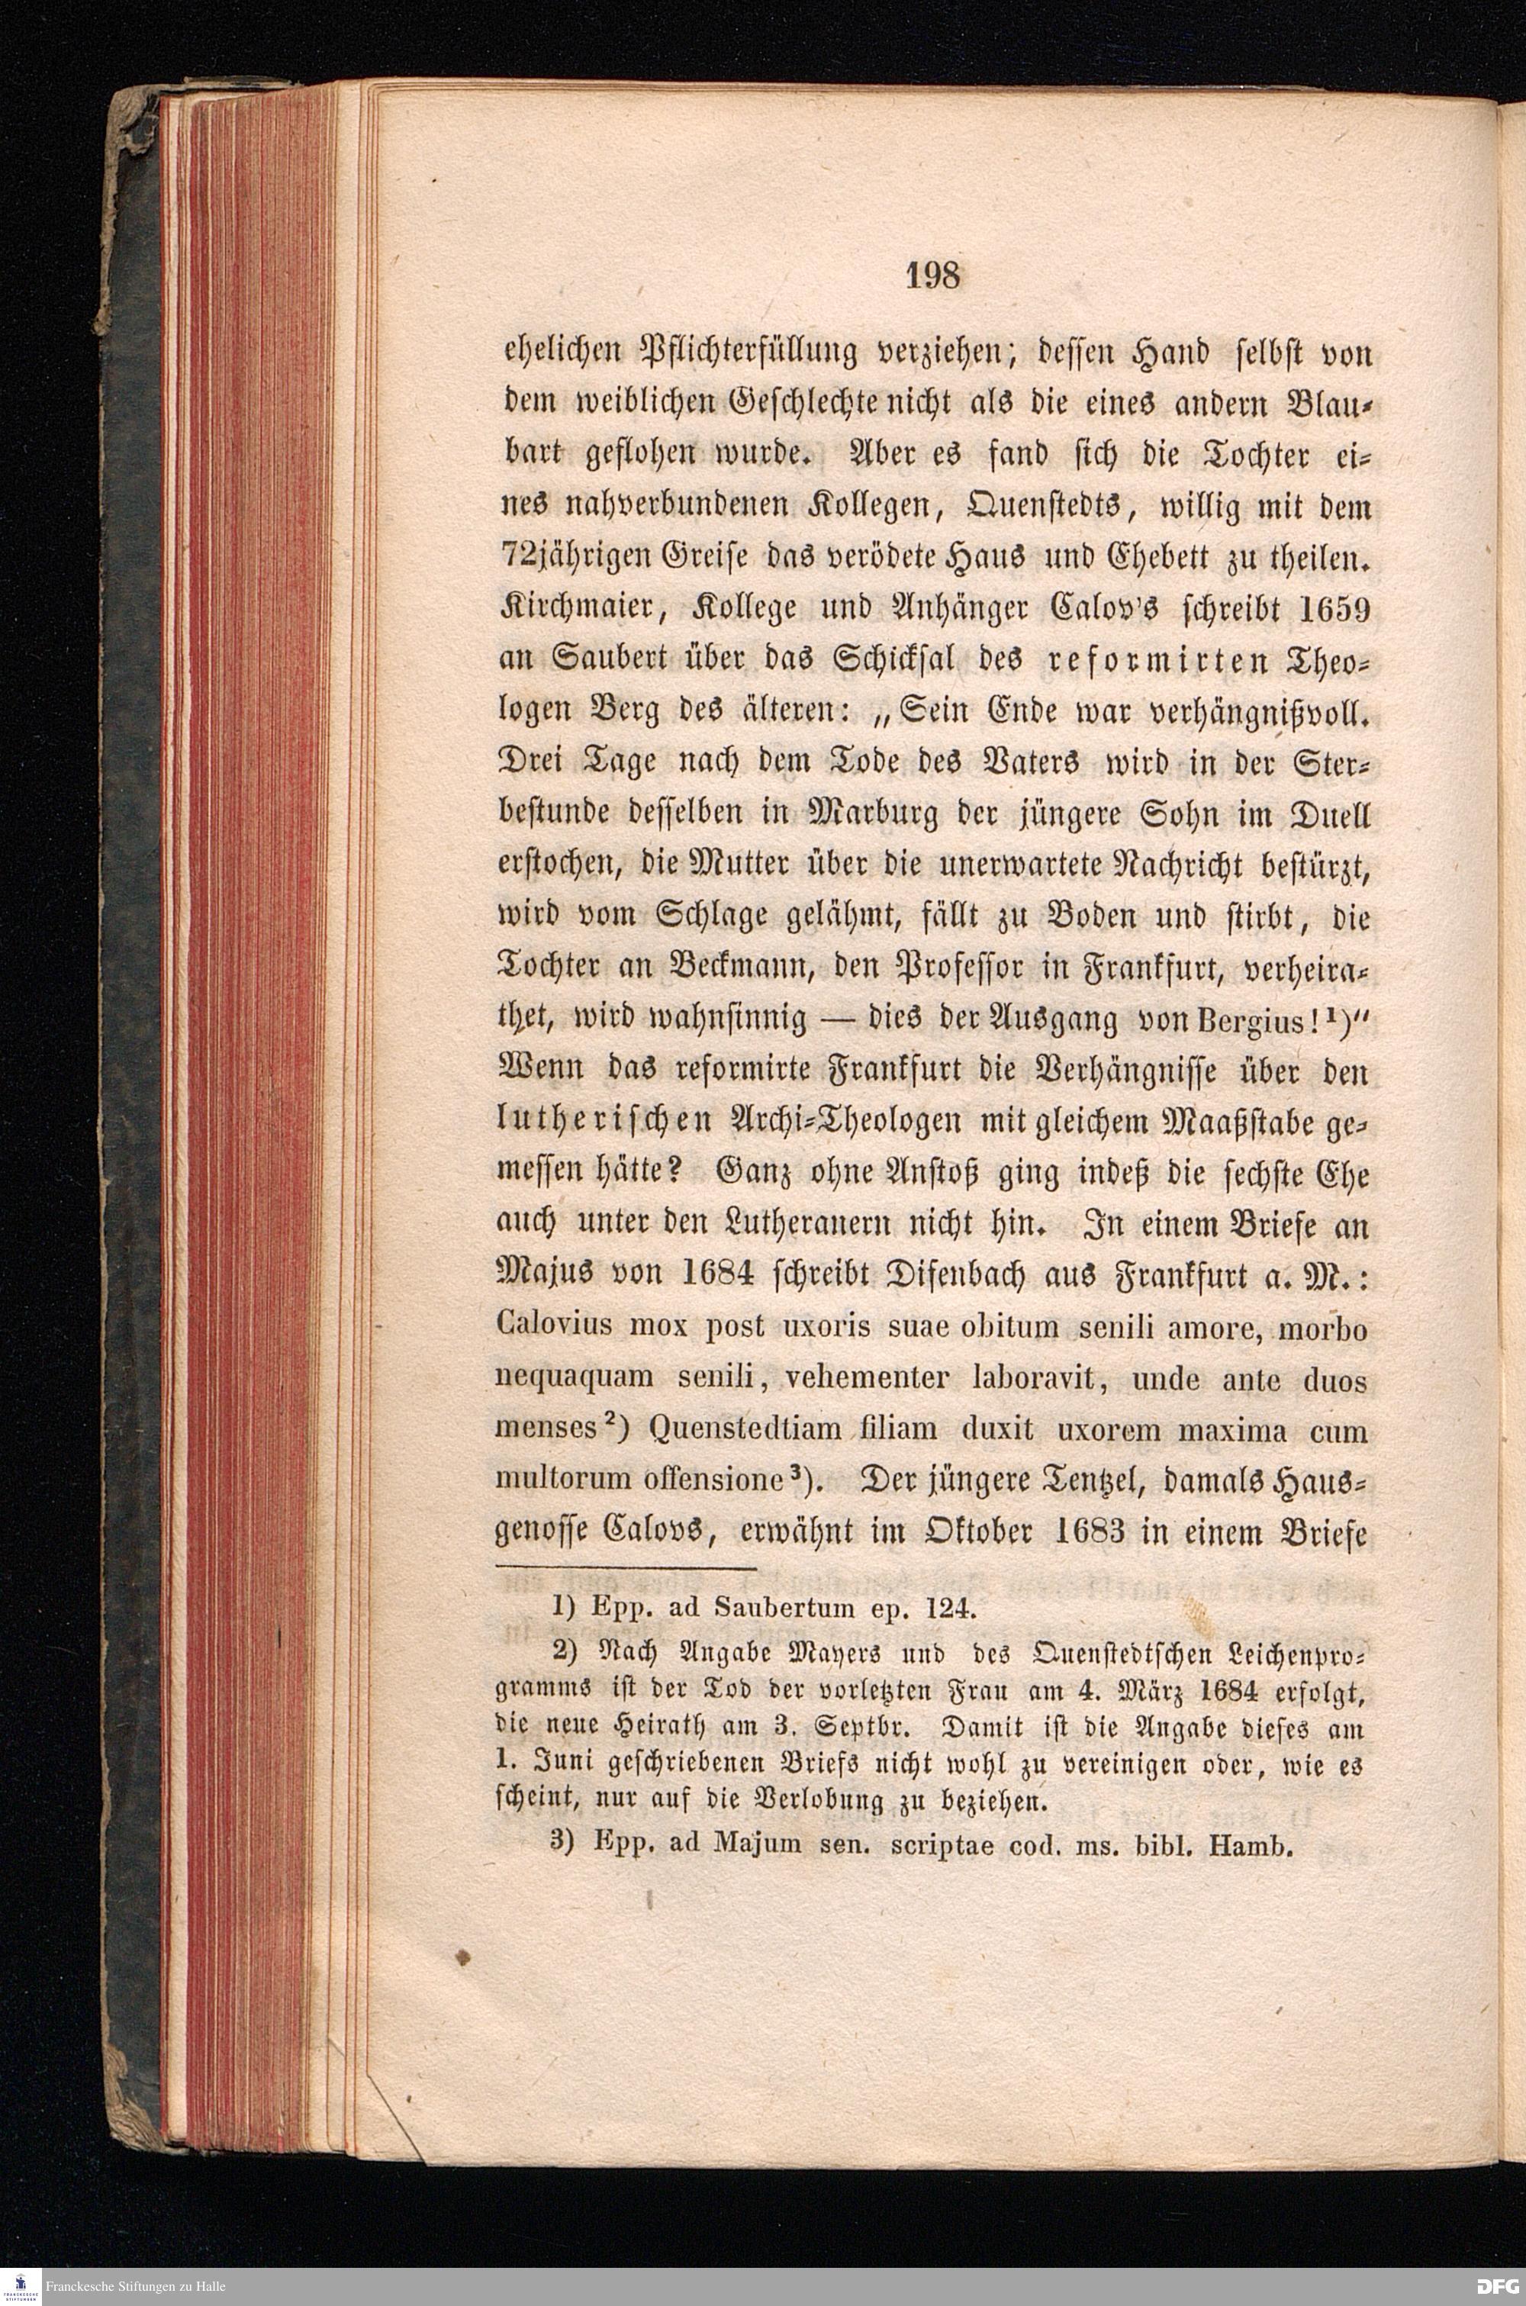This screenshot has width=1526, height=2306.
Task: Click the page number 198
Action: pyautogui.click(x=933, y=277)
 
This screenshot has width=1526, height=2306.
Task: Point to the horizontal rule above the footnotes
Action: pyautogui.click(x=626, y=1568)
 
